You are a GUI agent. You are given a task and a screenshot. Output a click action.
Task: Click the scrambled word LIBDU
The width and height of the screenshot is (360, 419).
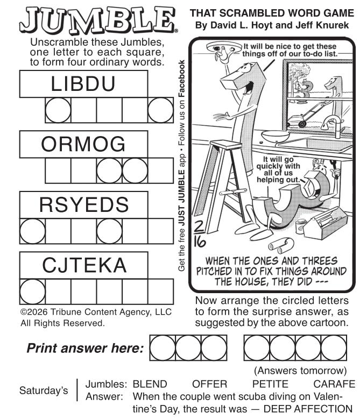(83, 84)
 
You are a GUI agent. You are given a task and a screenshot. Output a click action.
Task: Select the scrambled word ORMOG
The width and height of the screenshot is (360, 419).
(83, 144)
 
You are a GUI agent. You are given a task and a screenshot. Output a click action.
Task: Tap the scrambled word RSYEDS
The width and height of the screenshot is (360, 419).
(84, 205)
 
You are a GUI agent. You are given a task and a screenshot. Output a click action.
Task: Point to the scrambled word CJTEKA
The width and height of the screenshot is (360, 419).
(84, 265)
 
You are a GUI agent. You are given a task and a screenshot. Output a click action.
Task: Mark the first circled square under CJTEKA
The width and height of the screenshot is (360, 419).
(32, 292)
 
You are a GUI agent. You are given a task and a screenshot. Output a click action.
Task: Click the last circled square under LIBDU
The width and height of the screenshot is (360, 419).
(160, 110)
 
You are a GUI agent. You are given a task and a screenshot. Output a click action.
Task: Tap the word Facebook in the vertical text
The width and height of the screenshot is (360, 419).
(181, 79)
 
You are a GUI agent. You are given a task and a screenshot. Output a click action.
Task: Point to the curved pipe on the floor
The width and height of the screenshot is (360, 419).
(281, 246)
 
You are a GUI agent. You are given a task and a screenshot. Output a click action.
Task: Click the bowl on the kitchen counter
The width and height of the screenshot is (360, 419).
(275, 136)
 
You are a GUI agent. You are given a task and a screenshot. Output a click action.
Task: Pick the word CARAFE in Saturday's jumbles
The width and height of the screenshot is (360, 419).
(334, 384)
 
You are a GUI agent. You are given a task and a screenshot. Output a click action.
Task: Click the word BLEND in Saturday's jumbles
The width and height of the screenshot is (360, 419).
(150, 384)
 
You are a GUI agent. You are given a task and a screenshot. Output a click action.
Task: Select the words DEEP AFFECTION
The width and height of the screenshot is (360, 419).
(308, 409)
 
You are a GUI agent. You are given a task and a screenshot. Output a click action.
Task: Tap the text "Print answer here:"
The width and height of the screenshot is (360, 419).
(85, 348)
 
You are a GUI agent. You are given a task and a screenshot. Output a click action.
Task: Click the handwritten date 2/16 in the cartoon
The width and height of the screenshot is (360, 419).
(200, 235)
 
